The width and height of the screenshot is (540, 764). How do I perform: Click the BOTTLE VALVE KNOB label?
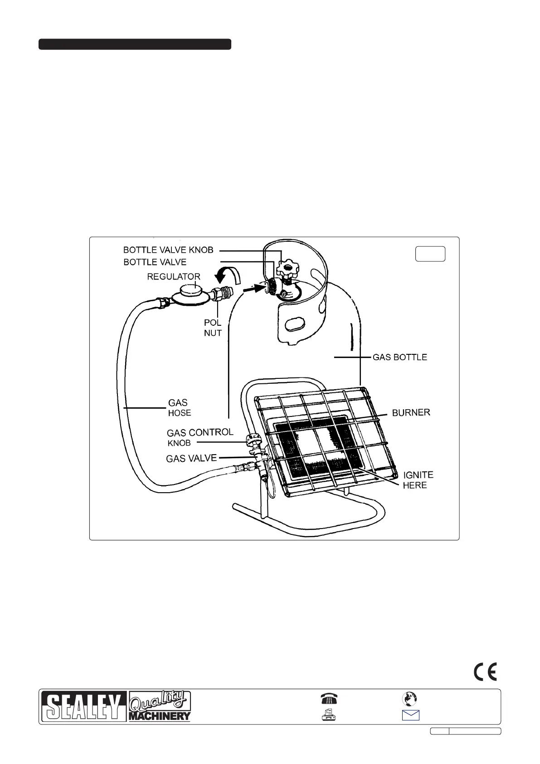[168, 250]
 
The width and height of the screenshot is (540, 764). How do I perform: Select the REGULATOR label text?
[174, 276]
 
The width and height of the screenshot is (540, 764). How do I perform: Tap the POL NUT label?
[213, 328]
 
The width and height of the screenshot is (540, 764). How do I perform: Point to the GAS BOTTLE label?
[399, 357]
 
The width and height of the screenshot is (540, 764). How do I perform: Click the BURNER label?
[411, 413]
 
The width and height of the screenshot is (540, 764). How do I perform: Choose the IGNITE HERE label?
[418, 480]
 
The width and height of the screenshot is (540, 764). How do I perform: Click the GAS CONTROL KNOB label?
[199, 437]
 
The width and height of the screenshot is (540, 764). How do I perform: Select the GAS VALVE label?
[191, 458]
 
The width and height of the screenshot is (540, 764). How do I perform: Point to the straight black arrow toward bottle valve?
[253, 287]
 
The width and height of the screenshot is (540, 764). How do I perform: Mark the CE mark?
[485, 671]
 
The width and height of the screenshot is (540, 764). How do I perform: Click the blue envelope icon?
[410, 715]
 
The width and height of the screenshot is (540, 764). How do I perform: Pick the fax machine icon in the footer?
[328, 715]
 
